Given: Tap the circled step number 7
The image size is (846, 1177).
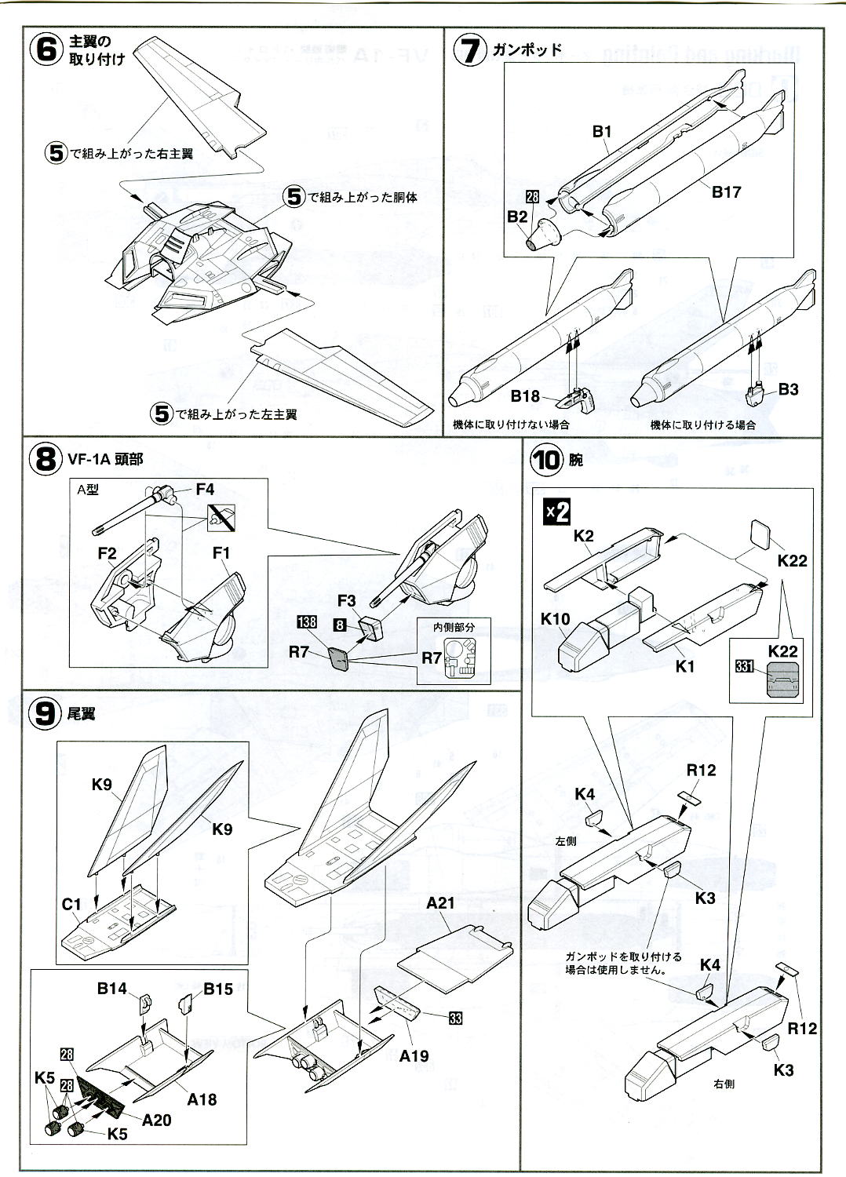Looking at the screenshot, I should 471,49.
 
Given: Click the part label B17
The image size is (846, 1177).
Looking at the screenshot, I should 726,191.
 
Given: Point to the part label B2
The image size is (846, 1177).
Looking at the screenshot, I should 517,217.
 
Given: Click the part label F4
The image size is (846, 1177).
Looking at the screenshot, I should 205,489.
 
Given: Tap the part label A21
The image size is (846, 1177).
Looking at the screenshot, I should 440,903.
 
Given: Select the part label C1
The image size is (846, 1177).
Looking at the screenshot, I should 72,904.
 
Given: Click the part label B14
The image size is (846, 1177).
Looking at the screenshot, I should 112,989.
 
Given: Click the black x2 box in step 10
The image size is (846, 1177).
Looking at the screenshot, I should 557,513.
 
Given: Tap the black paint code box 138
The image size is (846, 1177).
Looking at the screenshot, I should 307,622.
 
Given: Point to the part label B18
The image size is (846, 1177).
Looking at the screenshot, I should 525,396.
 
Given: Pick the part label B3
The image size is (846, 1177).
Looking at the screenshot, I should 789,389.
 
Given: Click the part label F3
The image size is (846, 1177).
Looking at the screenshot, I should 348,601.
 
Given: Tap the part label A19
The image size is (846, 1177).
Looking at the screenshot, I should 414,1055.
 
